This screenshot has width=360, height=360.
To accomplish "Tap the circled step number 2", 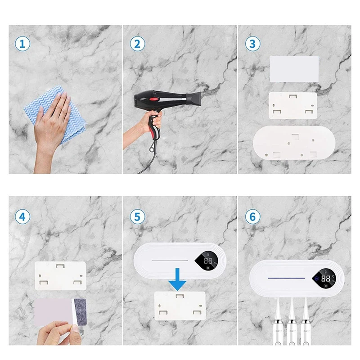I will tap(137, 44).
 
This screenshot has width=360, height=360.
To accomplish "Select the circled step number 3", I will tap(252, 44).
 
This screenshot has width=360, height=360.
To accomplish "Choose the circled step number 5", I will tap(137, 216).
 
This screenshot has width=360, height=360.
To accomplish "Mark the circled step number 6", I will tap(252, 216).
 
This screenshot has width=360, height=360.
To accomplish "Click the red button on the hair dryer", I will tap(154, 99).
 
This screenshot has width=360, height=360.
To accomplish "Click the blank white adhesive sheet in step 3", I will tap(294, 68).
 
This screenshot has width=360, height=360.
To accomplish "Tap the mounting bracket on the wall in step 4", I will tap(60, 276).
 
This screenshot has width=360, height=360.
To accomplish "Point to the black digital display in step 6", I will tap(324, 278).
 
